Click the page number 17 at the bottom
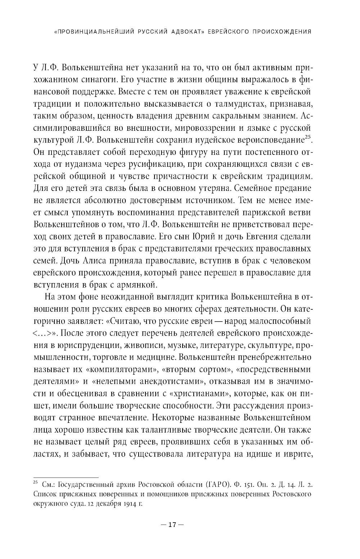tap(171, 525)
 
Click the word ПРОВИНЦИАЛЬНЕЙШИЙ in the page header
tap(96, 31)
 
